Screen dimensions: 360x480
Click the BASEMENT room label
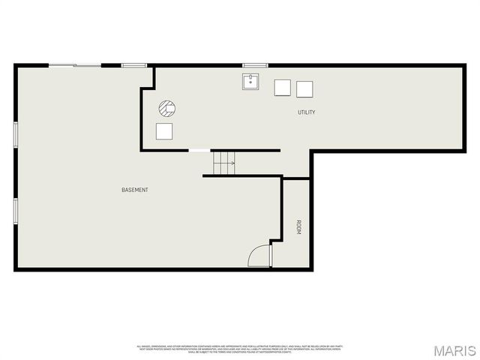pyautogui.click(x=135, y=190)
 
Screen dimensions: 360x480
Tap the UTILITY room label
pyautogui.click(x=306, y=112)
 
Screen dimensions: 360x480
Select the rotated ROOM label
pyautogui.click(x=298, y=227)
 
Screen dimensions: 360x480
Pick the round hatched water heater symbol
pyautogui.click(x=166, y=109)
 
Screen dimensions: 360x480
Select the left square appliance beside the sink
pyautogui.click(x=282, y=88)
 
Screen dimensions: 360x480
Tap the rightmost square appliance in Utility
pyautogui.click(x=304, y=89)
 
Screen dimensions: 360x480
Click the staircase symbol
pyautogui.click(x=223, y=163)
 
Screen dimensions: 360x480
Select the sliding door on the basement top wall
pyautogui.click(x=74, y=66)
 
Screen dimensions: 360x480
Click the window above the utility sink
pyautogui.click(x=254, y=66)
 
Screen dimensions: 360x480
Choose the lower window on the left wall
pyautogui.click(x=16, y=211)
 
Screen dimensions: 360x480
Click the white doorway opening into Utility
pyautogui.click(x=199, y=151)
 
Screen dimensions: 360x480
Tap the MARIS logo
pyautogui.click(x=453, y=350)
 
